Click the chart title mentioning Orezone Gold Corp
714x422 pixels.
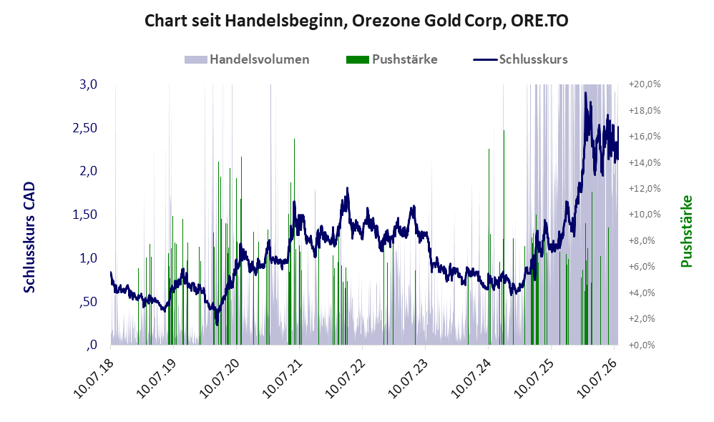coord(356,21)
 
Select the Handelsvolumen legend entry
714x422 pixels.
coord(247,59)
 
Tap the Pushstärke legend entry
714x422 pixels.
coord(391,59)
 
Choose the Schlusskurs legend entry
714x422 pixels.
coord(520,59)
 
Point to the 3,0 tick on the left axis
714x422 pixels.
coord(88,84)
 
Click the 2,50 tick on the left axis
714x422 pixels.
coord(85,128)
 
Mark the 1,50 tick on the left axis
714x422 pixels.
coord(85,215)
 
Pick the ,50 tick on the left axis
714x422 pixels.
coord(89,301)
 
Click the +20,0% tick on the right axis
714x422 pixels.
coord(645,84)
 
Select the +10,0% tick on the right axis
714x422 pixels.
coord(645,215)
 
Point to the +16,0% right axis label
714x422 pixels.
coord(645,137)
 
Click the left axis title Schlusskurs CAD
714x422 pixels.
coord(29,237)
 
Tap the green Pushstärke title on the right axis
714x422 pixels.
coord(686,231)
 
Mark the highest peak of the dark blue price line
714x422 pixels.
coord(586,93)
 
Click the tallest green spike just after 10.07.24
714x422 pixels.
coord(504,237)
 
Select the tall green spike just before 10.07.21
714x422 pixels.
coord(294,242)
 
